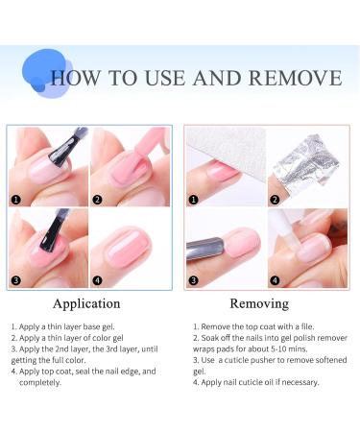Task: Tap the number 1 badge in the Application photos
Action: click(15, 201)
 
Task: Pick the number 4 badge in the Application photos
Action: click(98, 280)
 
